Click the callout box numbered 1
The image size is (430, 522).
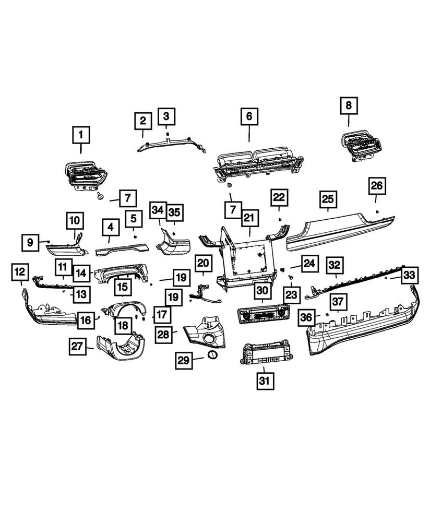(x=81, y=136)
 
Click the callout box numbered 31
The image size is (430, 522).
(x=265, y=381)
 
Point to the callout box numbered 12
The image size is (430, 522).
(x=20, y=271)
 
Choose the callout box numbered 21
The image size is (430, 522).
(x=248, y=217)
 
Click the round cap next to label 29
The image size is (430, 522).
(x=212, y=355)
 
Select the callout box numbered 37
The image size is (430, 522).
(x=339, y=301)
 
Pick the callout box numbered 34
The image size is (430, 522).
(x=158, y=211)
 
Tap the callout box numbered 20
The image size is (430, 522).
(x=204, y=263)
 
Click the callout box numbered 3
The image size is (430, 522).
(x=166, y=115)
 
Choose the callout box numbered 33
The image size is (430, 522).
(x=410, y=275)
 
